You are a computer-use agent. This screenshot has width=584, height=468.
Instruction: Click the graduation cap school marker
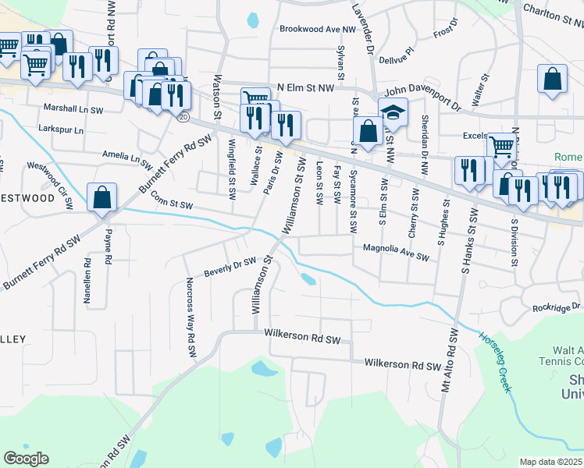(393, 112)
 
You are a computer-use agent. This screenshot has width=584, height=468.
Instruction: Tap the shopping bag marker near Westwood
(102, 198)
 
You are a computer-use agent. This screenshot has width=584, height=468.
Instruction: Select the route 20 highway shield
(182, 116)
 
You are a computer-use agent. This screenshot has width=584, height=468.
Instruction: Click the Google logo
(26, 459)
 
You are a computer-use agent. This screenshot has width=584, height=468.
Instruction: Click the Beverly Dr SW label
(230, 267)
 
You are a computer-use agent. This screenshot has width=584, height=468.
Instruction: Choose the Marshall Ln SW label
(73, 108)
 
